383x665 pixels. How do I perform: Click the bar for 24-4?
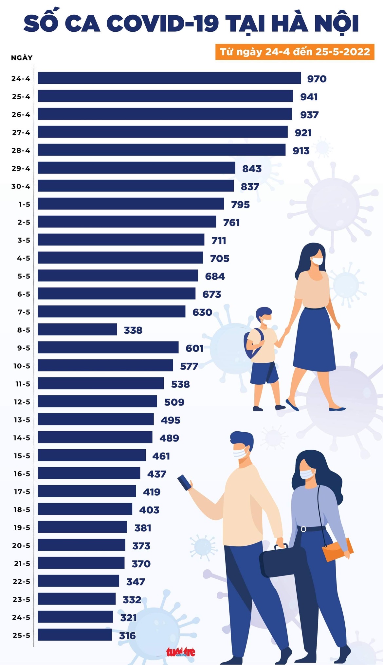pos(169,78)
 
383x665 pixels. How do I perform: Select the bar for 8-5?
pos(77,329)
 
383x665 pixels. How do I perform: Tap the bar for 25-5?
pos(75,635)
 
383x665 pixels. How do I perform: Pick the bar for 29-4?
pos(136,168)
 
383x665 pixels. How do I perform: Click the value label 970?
pos(317,79)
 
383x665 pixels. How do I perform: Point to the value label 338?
pos(133,330)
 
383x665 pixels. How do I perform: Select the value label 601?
pos(194,348)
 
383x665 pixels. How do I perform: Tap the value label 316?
pos(127,635)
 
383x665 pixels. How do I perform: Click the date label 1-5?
pos(24,204)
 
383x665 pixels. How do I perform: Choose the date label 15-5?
pos(22,456)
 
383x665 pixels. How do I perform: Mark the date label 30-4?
pos(21,186)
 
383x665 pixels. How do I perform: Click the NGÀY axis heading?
pos(22,58)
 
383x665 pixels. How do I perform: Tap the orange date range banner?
pos(295,52)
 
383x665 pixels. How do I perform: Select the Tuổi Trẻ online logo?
pos(180,652)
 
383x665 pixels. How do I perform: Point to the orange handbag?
pos(337,550)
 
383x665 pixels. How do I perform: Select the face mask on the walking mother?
pos(317,261)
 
